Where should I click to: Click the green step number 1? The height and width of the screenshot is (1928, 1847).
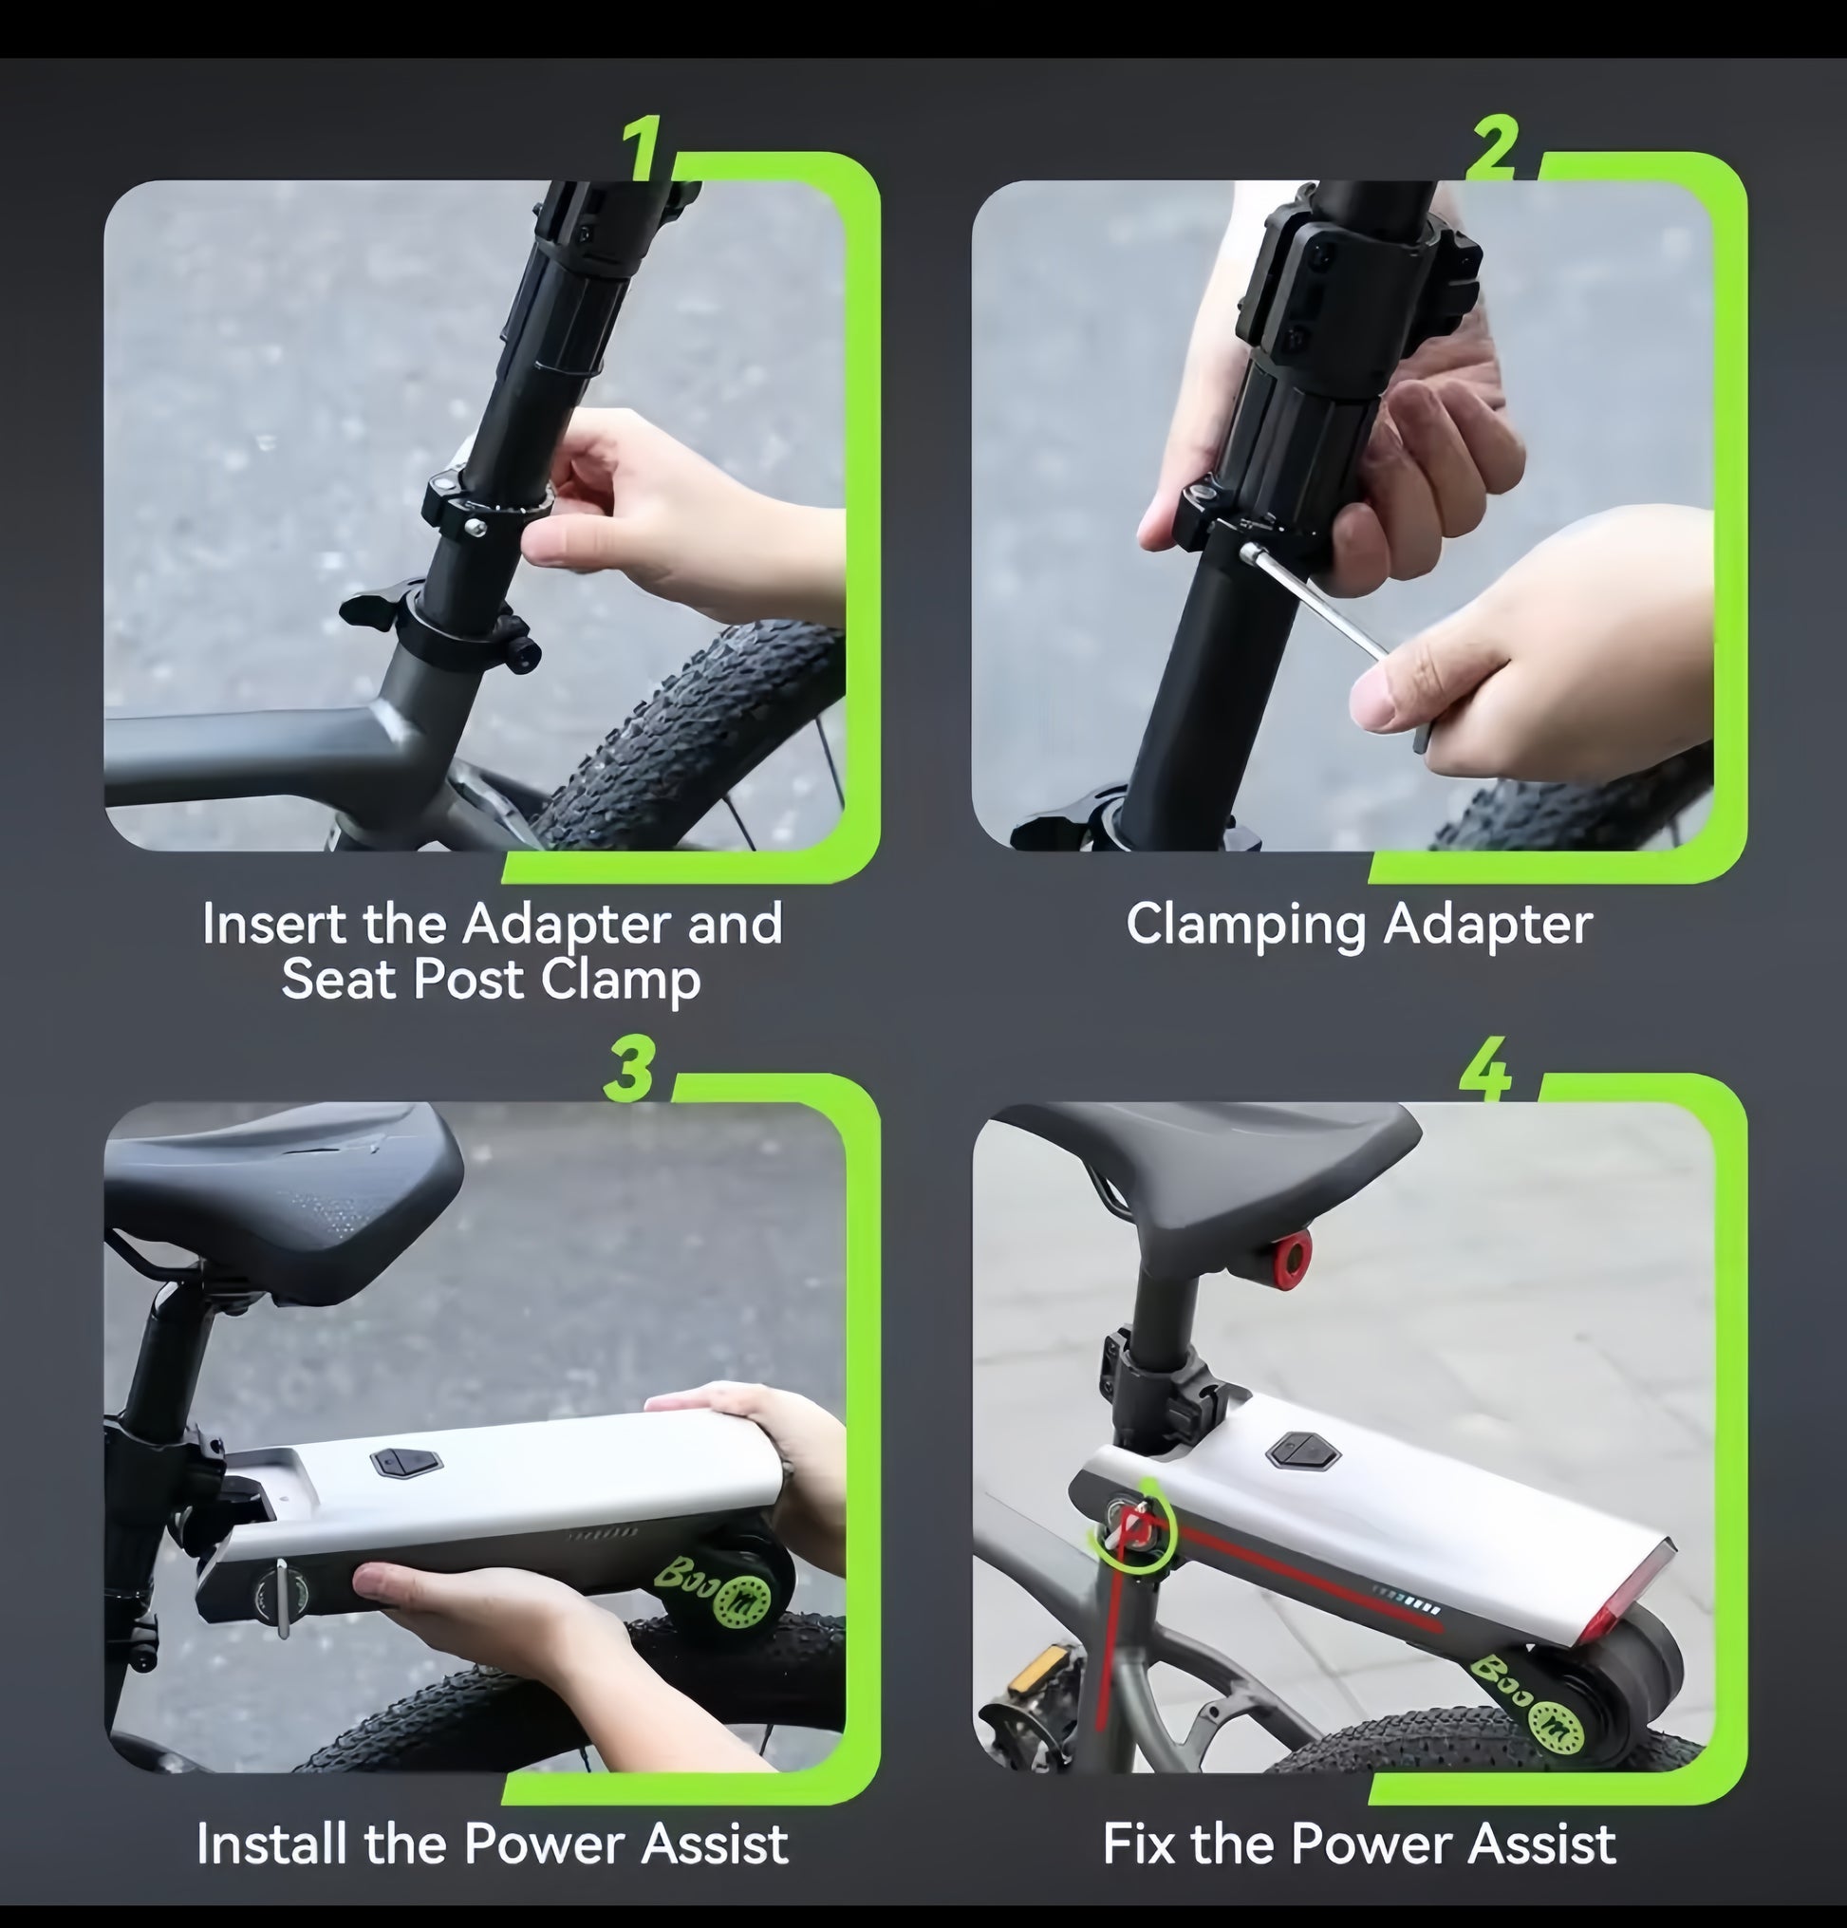(643, 147)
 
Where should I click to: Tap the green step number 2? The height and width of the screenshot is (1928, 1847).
(1493, 147)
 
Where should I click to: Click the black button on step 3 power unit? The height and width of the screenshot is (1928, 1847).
(404, 1463)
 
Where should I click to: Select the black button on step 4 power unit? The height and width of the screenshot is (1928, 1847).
(1302, 1451)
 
